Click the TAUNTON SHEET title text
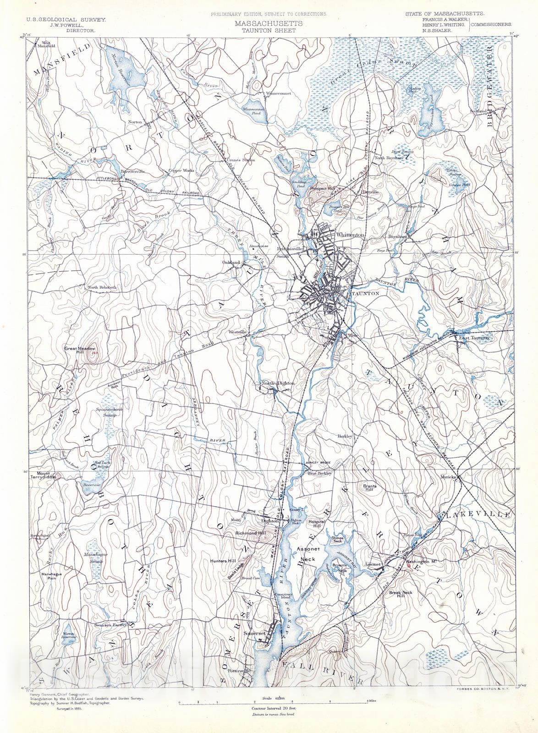click(x=269, y=30)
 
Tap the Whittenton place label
click(x=350, y=235)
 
